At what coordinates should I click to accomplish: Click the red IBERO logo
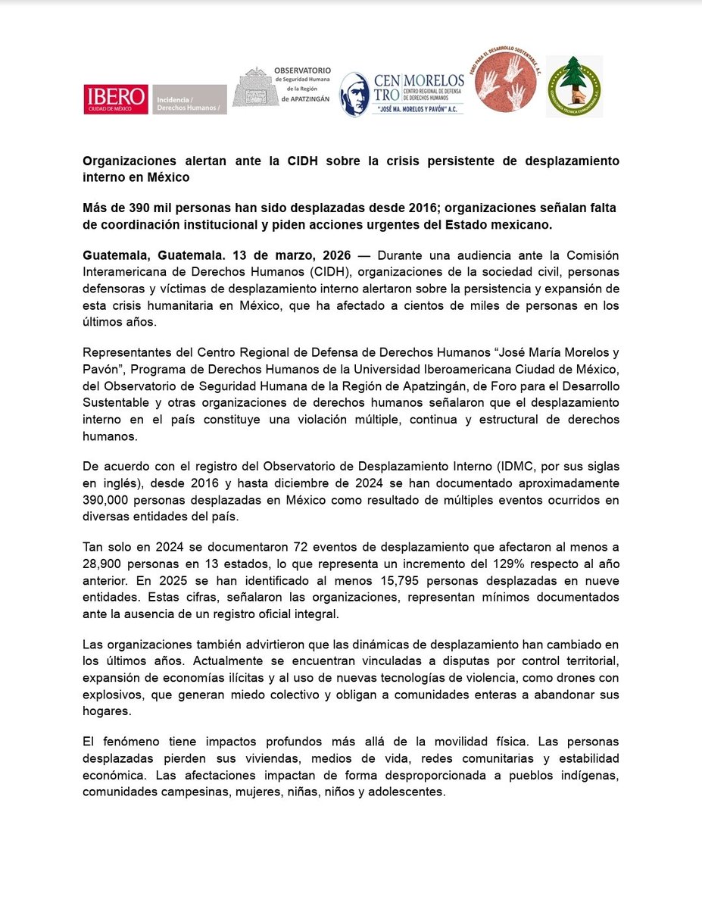tap(116, 99)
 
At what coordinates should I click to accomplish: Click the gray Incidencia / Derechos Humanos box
tap(189, 99)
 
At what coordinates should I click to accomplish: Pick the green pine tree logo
tap(574, 86)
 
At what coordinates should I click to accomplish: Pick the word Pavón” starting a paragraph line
tap(104, 368)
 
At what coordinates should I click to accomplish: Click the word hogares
tap(107, 712)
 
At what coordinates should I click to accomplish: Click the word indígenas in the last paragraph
tap(589, 776)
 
